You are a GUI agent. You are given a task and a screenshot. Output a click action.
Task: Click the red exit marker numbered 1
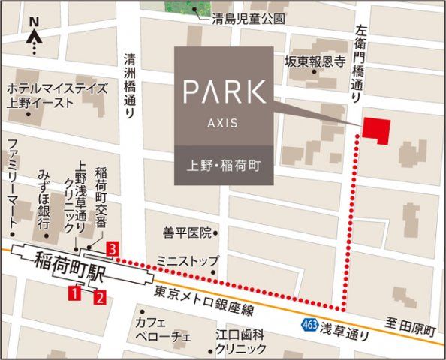[x=74, y=293]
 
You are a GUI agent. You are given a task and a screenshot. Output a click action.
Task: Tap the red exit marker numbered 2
[x=98, y=298]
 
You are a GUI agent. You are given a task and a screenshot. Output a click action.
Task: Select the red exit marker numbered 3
[x=112, y=247]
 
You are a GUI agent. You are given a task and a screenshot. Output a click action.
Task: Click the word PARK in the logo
[x=225, y=92]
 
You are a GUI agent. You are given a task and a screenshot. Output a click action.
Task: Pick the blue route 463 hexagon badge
[x=310, y=325]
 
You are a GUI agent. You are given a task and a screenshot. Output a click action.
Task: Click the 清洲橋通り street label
[x=130, y=85]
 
